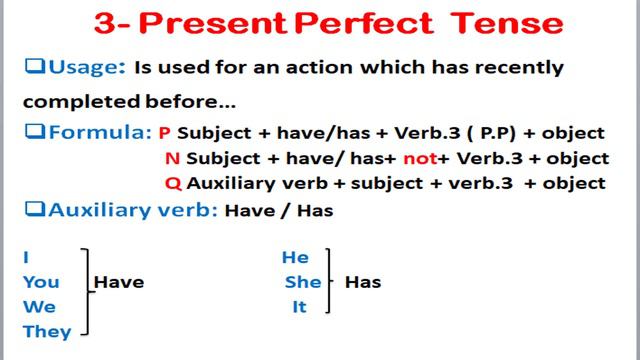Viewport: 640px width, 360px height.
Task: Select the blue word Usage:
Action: [84, 68]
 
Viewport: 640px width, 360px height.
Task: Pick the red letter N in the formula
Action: [174, 158]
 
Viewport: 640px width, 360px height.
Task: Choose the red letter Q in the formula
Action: [174, 183]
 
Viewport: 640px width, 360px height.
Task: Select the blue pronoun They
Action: [47, 332]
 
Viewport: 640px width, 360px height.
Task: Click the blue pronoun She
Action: [302, 282]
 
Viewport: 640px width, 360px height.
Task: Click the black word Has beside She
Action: [363, 282]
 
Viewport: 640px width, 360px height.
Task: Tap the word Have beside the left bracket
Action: [119, 282]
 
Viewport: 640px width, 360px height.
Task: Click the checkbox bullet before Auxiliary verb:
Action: [33, 209]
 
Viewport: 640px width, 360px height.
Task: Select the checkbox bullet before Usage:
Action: [33, 68]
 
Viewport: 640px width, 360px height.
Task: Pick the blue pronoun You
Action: [41, 282]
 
